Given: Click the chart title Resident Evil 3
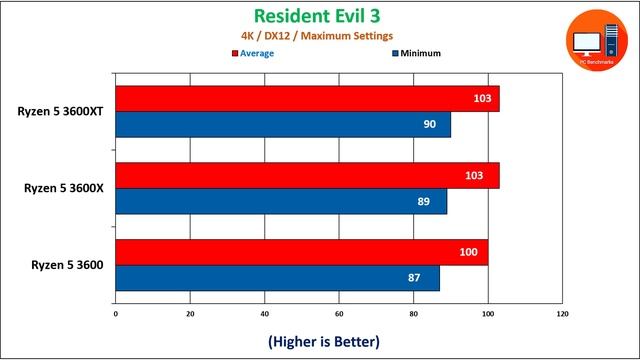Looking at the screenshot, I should point(316,16).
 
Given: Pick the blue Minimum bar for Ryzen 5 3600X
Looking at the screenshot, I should point(281,200).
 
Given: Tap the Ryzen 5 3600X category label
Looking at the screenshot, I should point(61,187).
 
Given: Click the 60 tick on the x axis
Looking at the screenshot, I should point(339,314).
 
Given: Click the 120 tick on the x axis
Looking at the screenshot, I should point(562,314).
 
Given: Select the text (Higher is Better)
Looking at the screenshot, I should point(323,341).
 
